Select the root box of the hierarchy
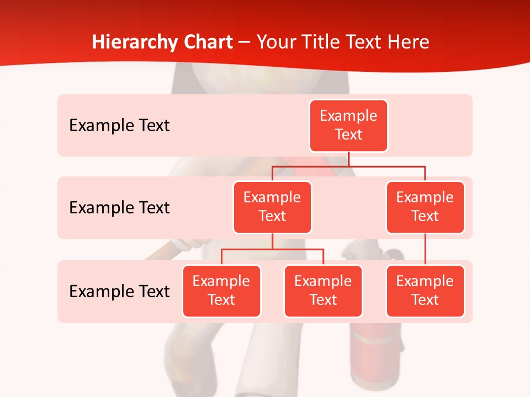[x=348, y=126]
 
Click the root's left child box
[x=272, y=207]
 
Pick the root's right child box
[x=425, y=207]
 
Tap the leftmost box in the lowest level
[x=221, y=291]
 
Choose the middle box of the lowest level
[x=323, y=291]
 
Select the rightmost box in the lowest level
[x=425, y=291]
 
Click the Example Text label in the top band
[x=119, y=126]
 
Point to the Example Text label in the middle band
[x=119, y=208]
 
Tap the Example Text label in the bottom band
[x=119, y=291]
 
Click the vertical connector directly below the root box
[x=348, y=159]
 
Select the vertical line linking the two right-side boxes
[x=425, y=249]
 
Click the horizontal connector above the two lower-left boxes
[x=272, y=249]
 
